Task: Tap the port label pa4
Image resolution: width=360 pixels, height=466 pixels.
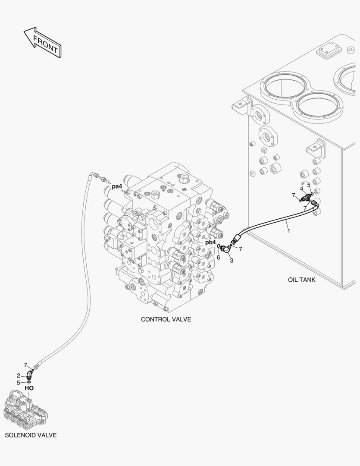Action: coord(117,187)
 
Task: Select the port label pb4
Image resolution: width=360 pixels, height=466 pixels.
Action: coord(210,242)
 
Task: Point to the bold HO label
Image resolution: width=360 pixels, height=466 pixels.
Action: coord(29,388)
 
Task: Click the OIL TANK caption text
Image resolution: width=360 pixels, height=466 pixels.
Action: coord(301,280)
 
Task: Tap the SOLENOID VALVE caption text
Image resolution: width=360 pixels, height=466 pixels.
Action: coord(31,435)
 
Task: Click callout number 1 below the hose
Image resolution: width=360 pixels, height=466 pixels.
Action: coord(288,231)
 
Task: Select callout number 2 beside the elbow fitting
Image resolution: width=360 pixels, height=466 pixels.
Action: coord(19,375)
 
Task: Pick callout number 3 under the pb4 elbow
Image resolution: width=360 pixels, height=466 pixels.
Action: coord(232,261)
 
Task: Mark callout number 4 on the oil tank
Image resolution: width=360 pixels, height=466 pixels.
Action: coord(302,189)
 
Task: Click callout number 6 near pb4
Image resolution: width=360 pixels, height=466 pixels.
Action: coord(218,257)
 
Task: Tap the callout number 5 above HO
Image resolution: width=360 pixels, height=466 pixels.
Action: coord(19,382)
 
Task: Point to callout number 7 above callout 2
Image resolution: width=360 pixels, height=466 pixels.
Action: coord(25,365)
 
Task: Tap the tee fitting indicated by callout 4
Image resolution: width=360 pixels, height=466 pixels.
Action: coord(307,197)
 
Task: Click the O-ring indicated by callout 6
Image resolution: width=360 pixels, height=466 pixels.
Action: coord(219,246)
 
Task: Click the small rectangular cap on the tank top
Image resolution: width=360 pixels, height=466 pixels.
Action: coord(329,52)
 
